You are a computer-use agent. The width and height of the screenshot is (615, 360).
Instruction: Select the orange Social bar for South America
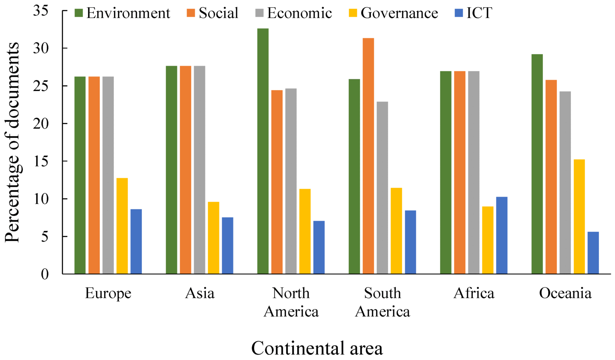[368, 156]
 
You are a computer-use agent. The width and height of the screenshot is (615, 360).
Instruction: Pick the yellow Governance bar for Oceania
[579, 216]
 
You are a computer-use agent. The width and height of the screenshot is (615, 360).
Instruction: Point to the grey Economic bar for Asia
[199, 170]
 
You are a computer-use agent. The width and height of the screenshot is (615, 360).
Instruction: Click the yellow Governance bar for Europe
[122, 226]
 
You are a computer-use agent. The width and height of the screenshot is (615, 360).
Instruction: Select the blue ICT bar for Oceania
[593, 253]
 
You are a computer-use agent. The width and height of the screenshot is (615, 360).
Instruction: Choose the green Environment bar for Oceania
[537, 164]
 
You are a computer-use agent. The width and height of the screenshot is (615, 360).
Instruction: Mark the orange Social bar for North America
[277, 182]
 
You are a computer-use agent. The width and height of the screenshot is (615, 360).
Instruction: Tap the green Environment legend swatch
[79, 13]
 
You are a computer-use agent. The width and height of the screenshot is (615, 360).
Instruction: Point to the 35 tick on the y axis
[40, 11]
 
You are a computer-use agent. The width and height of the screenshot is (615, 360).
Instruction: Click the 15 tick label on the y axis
[40, 161]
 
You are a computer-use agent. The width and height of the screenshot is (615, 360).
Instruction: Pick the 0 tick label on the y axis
[44, 274]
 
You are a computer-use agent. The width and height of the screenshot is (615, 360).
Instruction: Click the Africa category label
[474, 293]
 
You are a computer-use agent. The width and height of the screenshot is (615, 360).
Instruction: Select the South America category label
[382, 302]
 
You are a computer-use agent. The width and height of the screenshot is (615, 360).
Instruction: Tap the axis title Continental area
[317, 348]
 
